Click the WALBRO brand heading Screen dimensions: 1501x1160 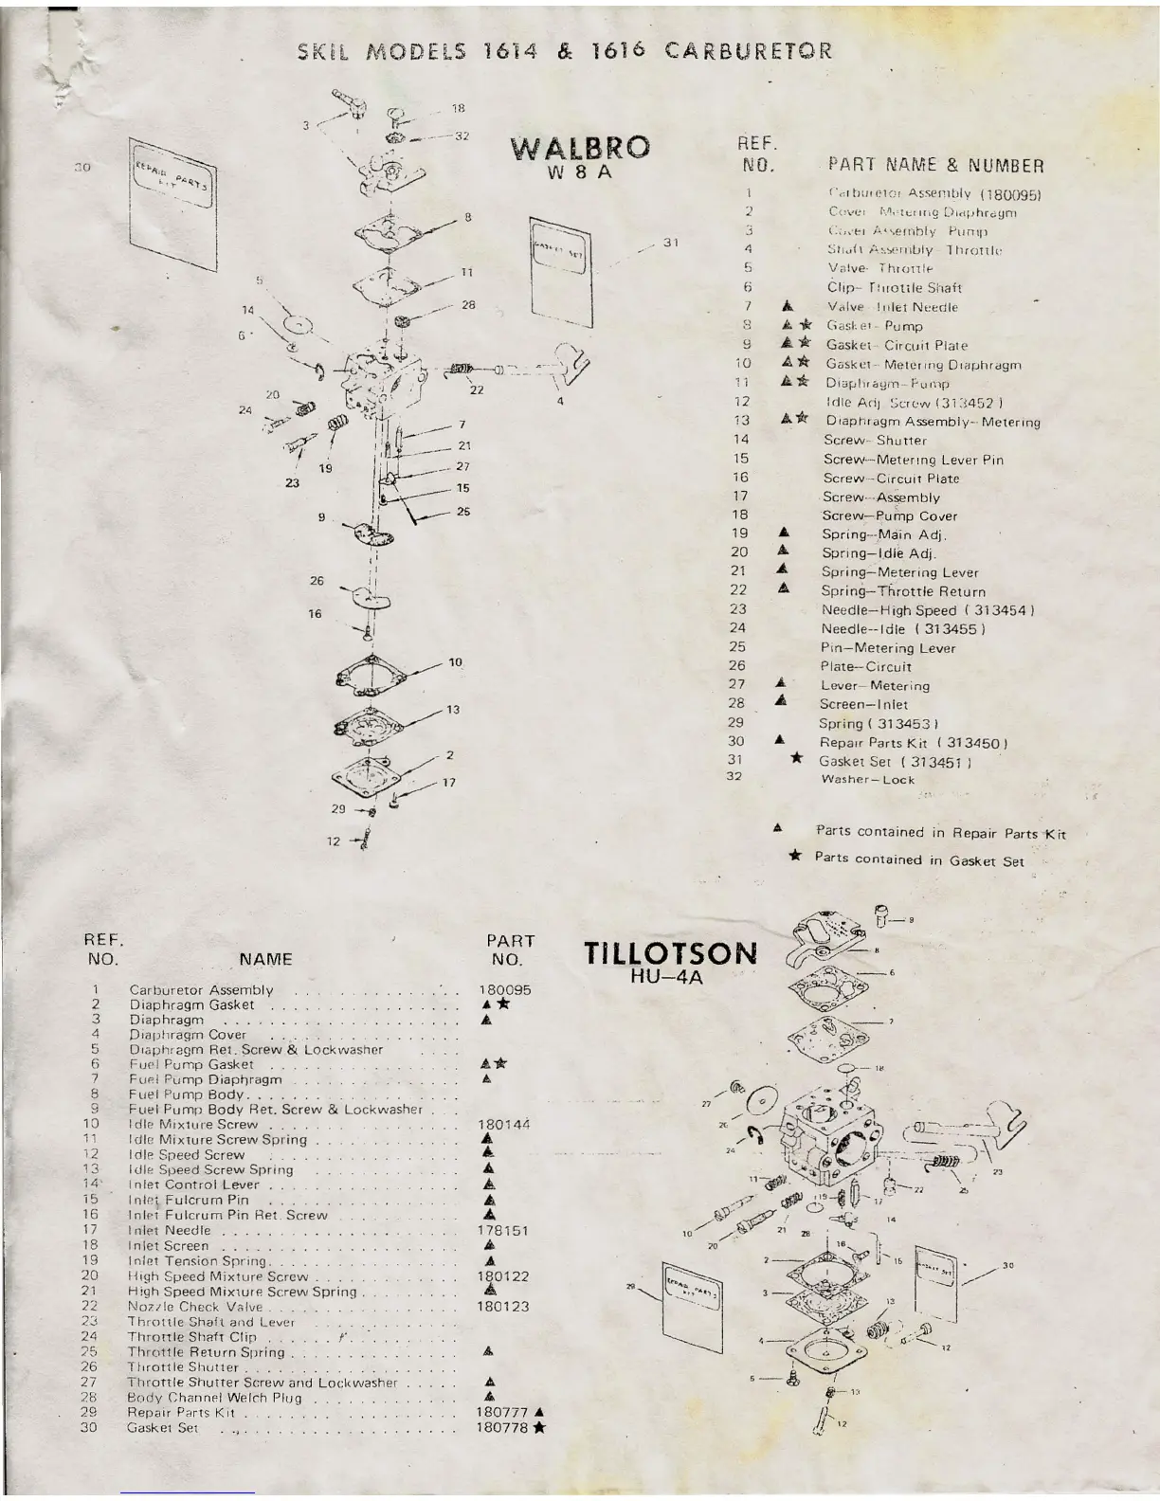coord(580,148)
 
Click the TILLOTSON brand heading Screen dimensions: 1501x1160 coord(670,953)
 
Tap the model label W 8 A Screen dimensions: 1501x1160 coord(580,175)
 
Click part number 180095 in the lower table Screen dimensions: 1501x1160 coord(505,989)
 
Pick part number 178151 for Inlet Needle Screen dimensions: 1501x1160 coord(503,1231)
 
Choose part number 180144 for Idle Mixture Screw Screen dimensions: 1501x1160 coord(504,1125)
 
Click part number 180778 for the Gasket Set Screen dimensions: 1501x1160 coord(503,1428)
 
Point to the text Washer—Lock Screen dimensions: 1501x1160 coord(867,780)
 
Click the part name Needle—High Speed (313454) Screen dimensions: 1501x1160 coord(927,610)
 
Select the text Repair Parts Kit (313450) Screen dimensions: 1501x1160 coord(913,743)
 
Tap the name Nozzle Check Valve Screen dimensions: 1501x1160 coord(195,1307)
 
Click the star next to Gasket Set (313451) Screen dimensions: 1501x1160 coord(797,759)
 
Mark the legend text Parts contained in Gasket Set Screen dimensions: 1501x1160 coord(918,860)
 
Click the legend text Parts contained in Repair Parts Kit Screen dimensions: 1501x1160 coord(940,833)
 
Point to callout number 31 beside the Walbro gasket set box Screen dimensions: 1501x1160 coord(671,243)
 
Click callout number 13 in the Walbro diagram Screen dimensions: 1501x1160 coord(453,710)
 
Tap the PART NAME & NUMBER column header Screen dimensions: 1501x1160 coord(935,166)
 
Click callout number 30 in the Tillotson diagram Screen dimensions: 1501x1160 coord(1007,1265)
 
